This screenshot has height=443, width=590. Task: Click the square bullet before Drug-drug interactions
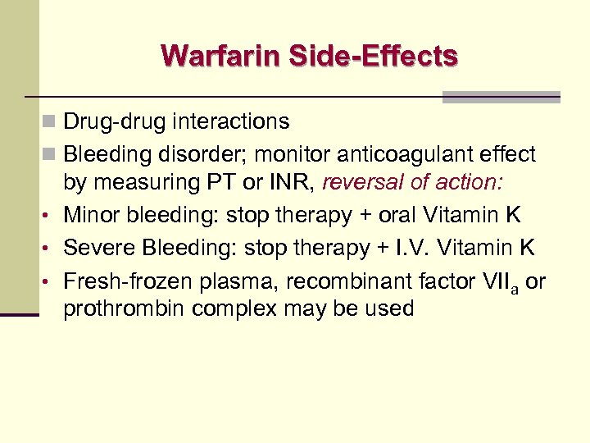51,122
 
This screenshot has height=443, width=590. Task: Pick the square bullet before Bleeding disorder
51,154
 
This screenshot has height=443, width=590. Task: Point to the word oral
395,215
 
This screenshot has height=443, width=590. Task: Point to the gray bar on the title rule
501,97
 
